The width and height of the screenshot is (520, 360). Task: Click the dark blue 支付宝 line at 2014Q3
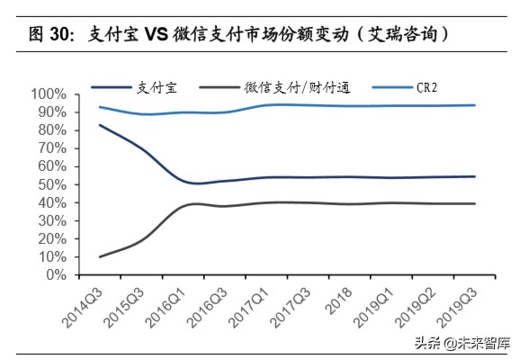100,124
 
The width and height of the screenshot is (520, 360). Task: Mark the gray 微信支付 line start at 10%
100,256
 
